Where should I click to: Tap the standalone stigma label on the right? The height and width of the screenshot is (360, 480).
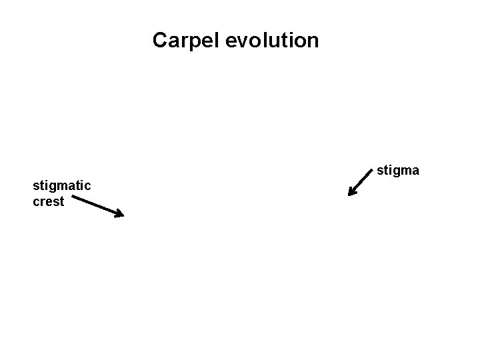coord(398,171)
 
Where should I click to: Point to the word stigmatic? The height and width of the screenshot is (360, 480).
coord(62,185)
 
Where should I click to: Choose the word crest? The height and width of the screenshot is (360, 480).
coord(48,201)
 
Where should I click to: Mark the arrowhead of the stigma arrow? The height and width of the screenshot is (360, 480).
coord(351,194)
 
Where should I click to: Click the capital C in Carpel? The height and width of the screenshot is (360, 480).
coord(160,41)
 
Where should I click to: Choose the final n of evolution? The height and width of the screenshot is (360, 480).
coord(313,41)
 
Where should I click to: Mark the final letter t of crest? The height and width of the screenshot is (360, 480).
coord(62,201)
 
